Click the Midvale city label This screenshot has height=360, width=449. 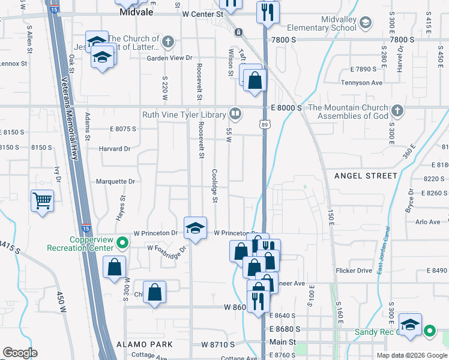[x=137, y=11]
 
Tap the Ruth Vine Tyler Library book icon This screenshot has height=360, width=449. [x=235, y=113]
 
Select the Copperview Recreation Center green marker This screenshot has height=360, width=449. [x=122, y=244]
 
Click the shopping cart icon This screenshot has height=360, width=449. [x=43, y=200]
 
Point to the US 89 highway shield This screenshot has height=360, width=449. [x=265, y=124]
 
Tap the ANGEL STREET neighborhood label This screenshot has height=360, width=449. [x=366, y=176]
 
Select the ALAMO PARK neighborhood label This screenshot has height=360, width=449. [x=145, y=344]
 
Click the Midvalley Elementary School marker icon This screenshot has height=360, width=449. [x=366, y=23]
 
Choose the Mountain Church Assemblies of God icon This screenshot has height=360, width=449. [x=397, y=111]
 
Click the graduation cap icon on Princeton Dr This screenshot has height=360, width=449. [x=195, y=228]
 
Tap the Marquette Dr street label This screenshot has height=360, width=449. [x=115, y=181]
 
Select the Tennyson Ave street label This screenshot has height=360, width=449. [x=361, y=83]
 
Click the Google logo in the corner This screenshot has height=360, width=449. [x=20, y=353]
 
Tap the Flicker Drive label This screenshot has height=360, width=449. [x=354, y=271]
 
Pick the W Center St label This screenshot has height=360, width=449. [x=202, y=13]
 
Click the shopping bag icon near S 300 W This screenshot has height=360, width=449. [x=114, y=268]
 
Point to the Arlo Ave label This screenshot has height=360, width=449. [x=427, y=222]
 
